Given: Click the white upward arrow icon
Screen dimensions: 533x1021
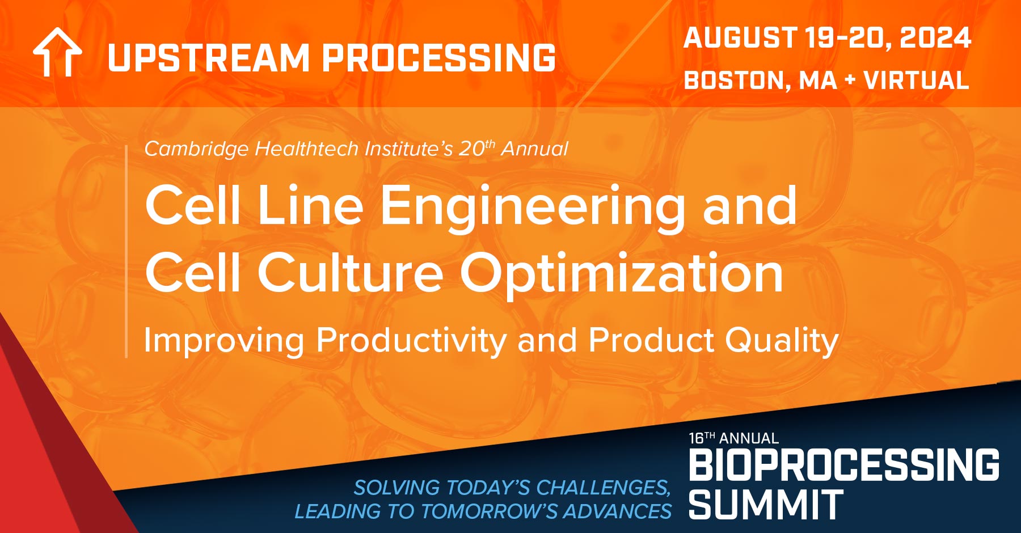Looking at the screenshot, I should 57,53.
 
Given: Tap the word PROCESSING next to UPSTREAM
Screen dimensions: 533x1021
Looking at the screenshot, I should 439,58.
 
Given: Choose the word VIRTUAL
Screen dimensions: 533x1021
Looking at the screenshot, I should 916,81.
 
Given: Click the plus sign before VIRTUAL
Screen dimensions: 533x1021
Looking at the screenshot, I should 849,81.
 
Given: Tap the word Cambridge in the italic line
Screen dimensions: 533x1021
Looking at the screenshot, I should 196,149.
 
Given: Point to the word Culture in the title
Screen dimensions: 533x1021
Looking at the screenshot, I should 351,273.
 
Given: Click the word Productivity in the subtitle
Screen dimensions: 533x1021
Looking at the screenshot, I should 411,341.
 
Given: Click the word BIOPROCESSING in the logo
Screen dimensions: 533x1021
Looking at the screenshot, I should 844,465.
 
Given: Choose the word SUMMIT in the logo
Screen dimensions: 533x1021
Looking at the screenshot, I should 766,505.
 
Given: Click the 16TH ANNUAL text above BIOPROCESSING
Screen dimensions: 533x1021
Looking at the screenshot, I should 733,438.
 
